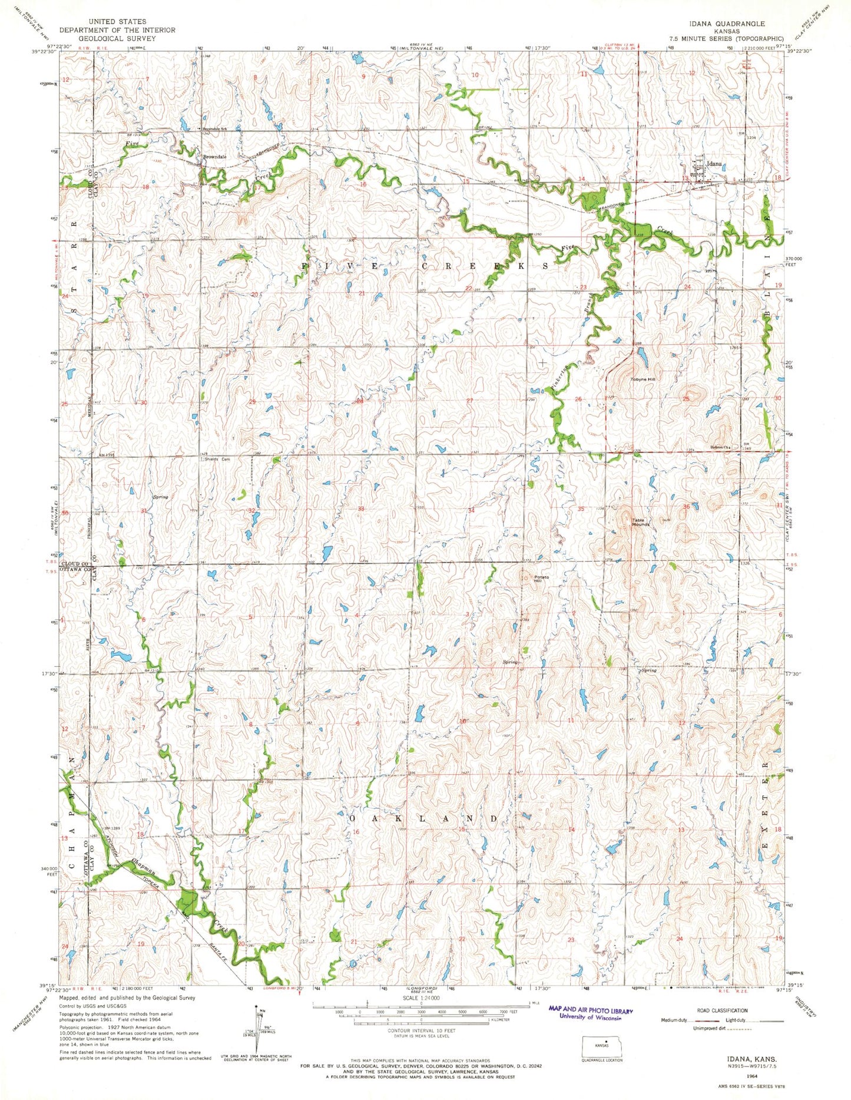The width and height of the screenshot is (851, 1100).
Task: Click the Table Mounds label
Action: (641, 522)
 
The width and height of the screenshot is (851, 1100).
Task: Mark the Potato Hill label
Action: (541, 579)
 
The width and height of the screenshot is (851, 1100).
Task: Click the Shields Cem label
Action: (217, 460)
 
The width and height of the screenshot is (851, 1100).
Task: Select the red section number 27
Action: (469, 401)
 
